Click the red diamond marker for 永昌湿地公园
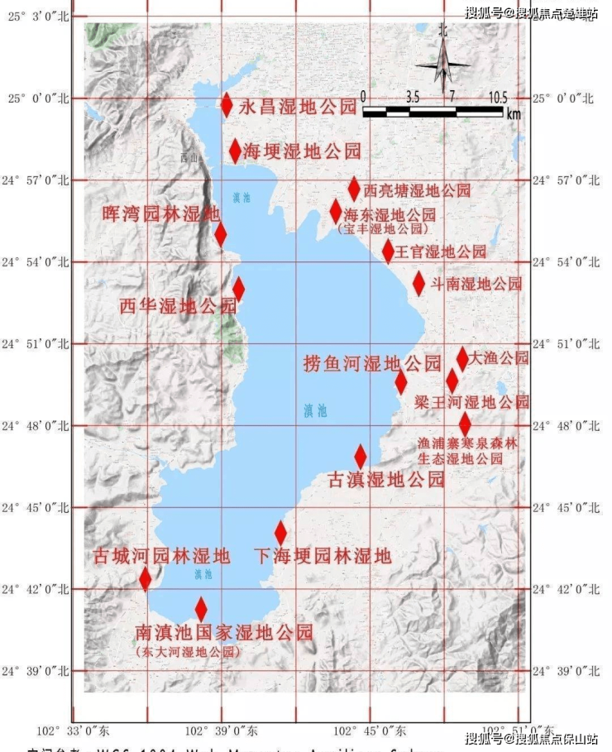[227, 105]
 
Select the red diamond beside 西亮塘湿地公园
[354, 189]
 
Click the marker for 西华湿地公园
[238, 289]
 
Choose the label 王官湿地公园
[440, 251]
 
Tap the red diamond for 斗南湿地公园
[418, 284]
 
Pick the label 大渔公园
[498, 358]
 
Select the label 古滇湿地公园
[386, 480]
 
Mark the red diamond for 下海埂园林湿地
[280, 533]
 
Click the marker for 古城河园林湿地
[146, 578]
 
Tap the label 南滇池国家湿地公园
[224, 633]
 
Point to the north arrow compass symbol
[443, 64]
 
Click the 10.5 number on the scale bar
[497, 97]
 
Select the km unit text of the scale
[514, 114]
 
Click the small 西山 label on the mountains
[190, 157]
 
